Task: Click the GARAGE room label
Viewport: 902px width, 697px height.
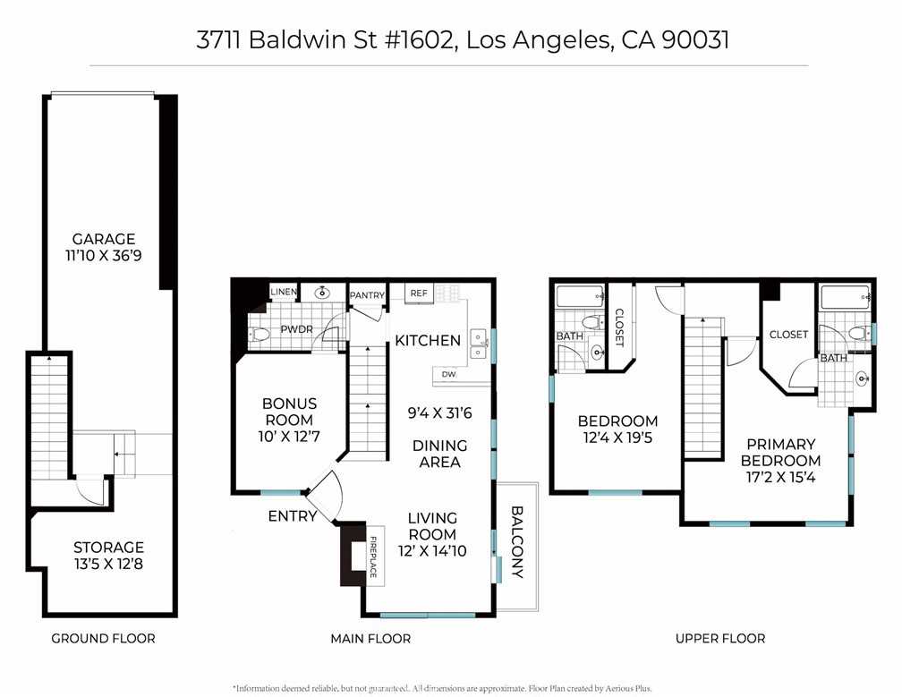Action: [104, 239]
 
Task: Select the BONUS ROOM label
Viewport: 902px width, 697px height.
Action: [289, 412]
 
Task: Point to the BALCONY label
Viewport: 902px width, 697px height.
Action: [517, 542]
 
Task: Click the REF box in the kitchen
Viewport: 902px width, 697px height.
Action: [418, 293]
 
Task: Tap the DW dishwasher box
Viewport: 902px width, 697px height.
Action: [448, 375]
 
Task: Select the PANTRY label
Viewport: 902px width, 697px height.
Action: [367, 295]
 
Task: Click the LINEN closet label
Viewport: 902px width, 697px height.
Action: [284, 293]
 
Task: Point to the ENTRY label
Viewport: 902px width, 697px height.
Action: [292, 516]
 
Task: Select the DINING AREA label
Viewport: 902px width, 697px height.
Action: [439, 454]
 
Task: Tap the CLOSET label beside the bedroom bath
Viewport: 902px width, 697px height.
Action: [619, 327]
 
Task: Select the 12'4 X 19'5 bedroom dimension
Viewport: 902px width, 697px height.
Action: [617, 439]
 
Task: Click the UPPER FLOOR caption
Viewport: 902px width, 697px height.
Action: [720, 638]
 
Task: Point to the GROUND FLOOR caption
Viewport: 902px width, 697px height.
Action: [103, 638]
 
